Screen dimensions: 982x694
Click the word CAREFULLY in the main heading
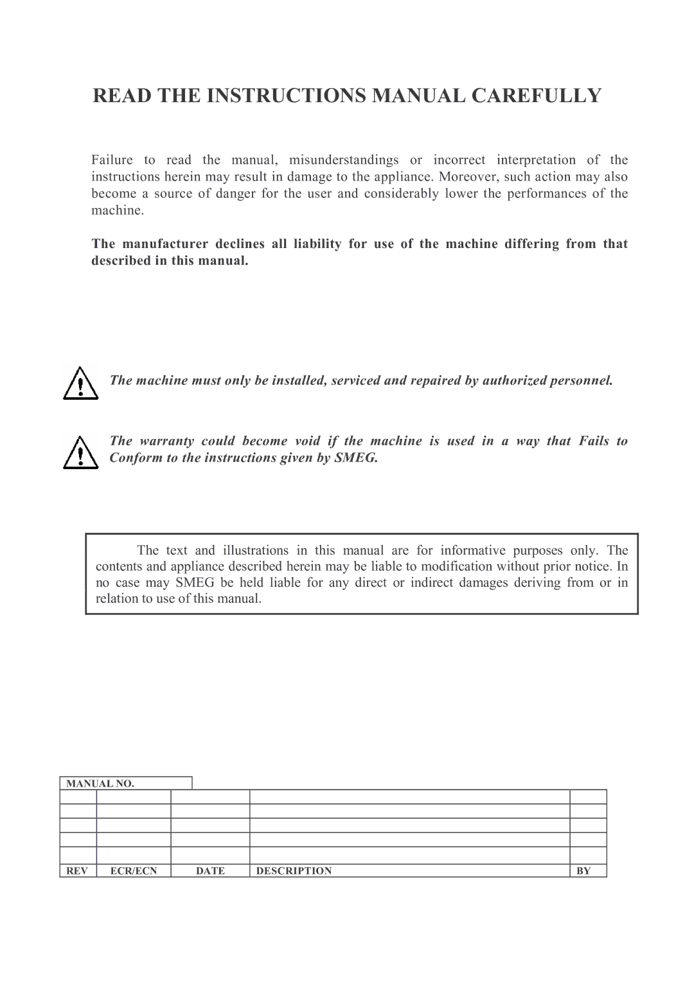tap(537, 95)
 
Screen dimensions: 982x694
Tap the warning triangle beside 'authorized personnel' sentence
tap(80, 384)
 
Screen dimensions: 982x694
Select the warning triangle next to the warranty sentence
tap(80, 452)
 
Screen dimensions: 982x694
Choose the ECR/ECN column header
tap(134, 871)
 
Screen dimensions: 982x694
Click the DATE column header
tap(210, 871)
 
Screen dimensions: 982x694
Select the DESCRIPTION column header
tap(294, 871)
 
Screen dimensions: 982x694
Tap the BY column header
tap(583, 871)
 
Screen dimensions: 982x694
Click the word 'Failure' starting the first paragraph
tap(112, 160)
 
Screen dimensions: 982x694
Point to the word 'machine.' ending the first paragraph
tap(116, 210)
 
